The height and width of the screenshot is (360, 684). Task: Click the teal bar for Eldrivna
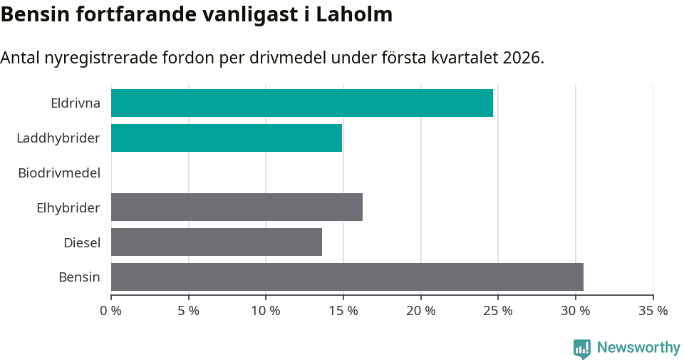coord(301,103)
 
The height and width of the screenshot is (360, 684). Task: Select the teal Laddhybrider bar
coord(227,138)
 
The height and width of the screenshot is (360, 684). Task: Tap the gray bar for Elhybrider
coord(237,207)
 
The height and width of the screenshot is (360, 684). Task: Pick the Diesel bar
coord(217,242)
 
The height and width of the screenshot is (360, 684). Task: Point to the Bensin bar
coord(347,277)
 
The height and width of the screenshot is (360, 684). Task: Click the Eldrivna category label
coord(76,103)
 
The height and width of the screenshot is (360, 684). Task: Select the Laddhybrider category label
coord(58,138)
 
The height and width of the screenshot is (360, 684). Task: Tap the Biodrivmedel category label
coord(59,173)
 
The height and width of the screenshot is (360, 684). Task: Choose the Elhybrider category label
coord(68,207)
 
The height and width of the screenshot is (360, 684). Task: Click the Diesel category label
coord(82,242)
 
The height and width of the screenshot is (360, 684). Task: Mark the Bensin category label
coord(79,277)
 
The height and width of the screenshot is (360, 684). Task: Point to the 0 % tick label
coord(111,311)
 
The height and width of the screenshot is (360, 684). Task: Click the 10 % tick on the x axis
coord(266,311)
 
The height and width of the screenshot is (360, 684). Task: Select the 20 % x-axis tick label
coord(421,311)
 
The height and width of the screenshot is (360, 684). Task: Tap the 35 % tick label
coord(653,311)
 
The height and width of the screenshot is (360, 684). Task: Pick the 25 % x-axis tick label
coord(498,311)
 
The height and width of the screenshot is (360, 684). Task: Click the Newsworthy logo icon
coord(582,349)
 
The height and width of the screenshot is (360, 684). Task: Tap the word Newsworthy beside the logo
coord(638,348)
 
